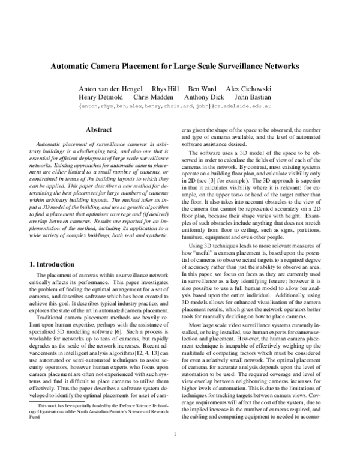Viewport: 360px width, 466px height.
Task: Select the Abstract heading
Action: coord(100,129)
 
